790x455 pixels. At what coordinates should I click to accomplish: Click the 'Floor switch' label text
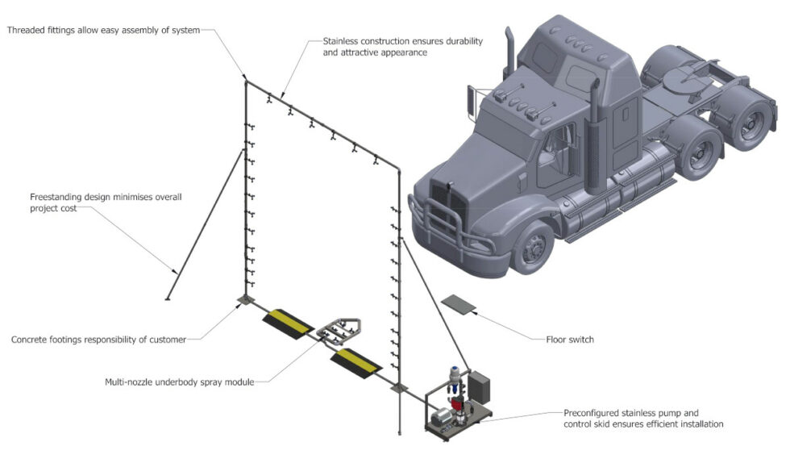pos(569,340)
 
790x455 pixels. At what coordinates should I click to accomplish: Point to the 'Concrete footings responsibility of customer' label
pos(98,340)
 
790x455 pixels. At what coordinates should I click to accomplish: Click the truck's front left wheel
pos(532,248)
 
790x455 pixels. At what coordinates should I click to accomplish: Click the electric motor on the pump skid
pos(442,415)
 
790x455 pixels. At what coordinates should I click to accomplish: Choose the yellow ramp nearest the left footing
pos(287,323)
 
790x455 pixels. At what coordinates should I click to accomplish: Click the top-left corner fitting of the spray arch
pos(245,80)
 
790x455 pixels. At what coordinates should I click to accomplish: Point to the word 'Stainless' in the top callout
pos(344,40)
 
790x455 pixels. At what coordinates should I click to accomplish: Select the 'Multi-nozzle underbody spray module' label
pos(179,382)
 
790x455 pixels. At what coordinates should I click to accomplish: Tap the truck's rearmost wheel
pos(754,123)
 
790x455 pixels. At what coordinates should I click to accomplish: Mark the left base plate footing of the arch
pos(243,301)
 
